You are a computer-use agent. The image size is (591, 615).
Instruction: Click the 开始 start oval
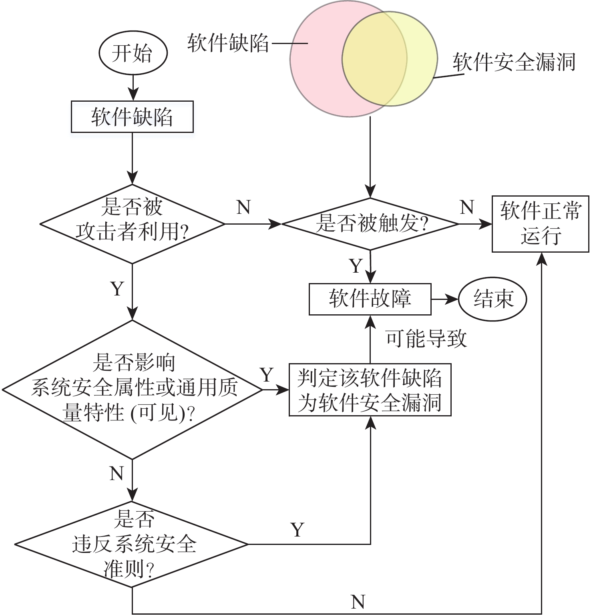coord(133,53)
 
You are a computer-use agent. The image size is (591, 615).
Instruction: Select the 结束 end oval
coord(492,299)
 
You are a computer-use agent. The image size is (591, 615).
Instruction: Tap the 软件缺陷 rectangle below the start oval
coord(132,117)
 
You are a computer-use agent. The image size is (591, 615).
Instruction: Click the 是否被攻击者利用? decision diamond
coord(132,223)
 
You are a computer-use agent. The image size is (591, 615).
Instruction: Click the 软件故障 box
coord(370,299)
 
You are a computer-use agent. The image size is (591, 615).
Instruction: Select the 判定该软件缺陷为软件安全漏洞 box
coord(370,390)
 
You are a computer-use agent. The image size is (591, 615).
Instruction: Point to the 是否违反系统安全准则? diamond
coord(132,544)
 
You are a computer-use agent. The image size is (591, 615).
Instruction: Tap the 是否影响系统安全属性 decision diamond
coord(132,389)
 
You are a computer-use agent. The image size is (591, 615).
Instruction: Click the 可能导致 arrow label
coord(426,339)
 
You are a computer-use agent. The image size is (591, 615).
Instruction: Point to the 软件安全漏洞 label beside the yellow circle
coord(514,62)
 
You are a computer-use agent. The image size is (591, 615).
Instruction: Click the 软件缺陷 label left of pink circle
coord(228,42)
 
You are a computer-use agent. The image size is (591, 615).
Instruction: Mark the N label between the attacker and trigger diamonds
coord(243,207)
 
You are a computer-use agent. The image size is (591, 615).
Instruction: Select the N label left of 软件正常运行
coord(467,207)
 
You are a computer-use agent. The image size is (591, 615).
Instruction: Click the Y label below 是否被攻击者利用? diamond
coord(117,288)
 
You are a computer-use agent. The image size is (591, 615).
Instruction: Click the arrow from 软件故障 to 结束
coord(444,299)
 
